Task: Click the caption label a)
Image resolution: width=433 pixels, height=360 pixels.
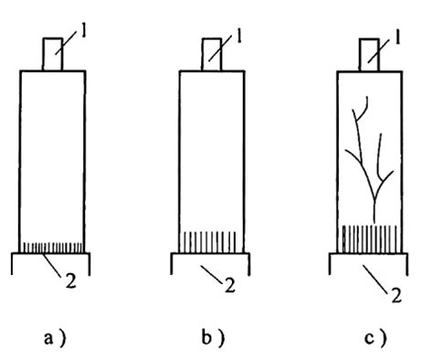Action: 55,338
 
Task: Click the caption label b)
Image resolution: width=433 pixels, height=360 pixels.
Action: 214,337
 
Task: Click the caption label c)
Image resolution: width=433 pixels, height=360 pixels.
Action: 375,338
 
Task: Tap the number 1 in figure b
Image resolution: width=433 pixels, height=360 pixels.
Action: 239,37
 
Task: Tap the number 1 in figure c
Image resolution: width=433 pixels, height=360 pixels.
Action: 396,37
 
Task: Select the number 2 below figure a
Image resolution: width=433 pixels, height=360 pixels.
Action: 70,281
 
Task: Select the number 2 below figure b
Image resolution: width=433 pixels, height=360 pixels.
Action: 230,285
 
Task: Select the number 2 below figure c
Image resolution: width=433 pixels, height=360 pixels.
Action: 396,295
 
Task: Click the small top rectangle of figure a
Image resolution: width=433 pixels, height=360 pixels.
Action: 53,54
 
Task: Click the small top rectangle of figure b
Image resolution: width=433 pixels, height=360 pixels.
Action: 212,55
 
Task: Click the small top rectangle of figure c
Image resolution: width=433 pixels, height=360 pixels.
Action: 369,55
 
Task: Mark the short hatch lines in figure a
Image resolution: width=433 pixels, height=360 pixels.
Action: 53,248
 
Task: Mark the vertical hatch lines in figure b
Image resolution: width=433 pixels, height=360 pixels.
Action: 210,242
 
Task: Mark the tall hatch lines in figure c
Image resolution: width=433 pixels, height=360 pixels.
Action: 370,239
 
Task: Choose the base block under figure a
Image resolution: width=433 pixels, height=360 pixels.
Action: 51,264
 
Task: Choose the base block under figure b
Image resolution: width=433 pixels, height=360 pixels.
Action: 210,264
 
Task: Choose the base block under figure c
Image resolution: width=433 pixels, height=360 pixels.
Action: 369,264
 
